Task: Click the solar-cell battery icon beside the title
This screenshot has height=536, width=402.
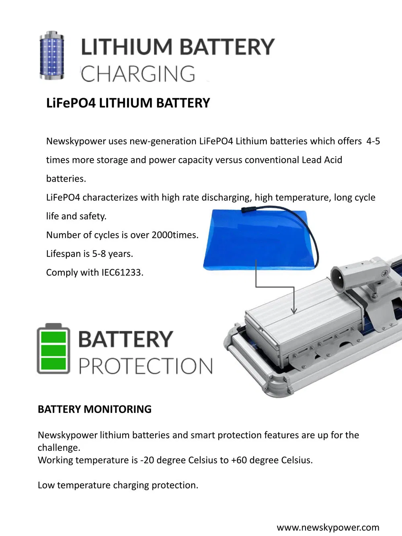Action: [52, 55]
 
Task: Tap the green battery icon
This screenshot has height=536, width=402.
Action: [53, 349]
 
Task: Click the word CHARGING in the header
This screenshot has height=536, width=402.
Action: [138, 73]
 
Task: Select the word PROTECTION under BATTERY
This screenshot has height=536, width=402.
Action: [146, 366]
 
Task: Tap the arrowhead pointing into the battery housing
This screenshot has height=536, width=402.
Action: [294, 310]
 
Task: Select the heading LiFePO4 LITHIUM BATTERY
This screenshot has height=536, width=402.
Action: [128, 103]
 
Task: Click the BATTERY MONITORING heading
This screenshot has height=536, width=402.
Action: [94, 409]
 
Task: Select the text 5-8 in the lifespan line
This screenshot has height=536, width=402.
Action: [99, 254]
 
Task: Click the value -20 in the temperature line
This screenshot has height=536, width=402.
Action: [147, 460]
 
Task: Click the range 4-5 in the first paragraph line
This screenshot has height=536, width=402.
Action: [373, 141]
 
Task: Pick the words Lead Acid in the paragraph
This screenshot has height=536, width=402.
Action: [322, 160]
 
